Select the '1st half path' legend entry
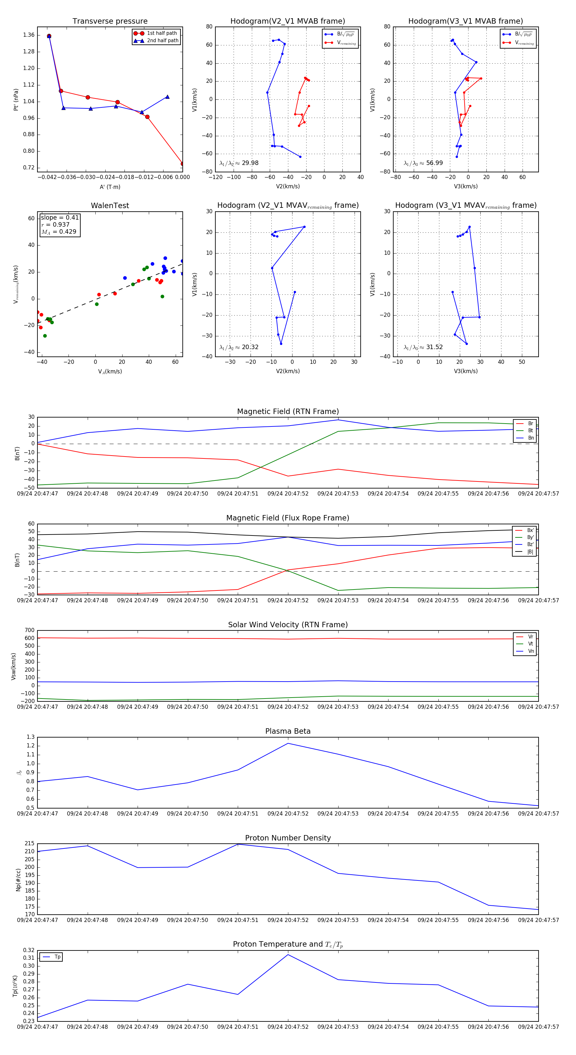[x=162, y=33]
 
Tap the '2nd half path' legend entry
[x=162, y=41]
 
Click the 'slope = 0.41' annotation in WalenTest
[x=60, y=217]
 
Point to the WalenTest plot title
[x=110, y=206]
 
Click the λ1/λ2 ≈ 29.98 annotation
[x=239, y=163]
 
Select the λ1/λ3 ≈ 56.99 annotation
[x=423, y=163]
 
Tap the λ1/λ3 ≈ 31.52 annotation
[x=423, y=347]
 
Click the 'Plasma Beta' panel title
[x=288, y=731]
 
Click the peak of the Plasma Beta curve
[x=288, y=743]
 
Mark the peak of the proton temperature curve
[x=288, y=955]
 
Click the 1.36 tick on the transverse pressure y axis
[x=29, y=35]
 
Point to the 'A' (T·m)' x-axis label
[x=110, y=187]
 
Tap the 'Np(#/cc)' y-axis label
[x=18, y=880]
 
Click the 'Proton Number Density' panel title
[x=288, y=838]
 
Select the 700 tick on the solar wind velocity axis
[x=29, y=630]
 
